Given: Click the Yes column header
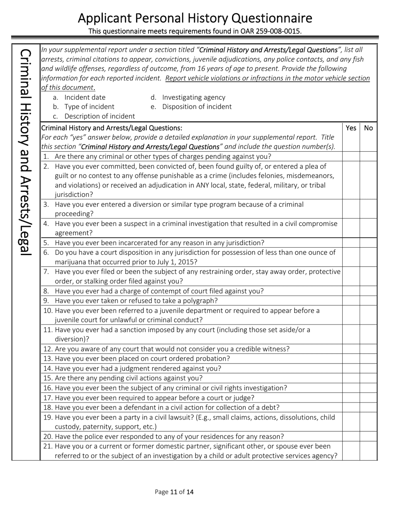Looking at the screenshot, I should (351, 128).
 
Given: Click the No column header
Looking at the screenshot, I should (368, 128).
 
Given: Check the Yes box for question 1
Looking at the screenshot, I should (351, 157).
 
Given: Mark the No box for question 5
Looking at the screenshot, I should (368, 243).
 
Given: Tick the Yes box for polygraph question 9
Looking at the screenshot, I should (351, 301).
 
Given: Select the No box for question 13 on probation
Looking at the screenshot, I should (368, 359).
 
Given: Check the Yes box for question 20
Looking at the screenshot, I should (351, 437).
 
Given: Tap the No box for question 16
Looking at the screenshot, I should (368, 388).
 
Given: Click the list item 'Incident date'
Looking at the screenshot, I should (85, 97).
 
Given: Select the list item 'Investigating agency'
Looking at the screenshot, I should (193, 97).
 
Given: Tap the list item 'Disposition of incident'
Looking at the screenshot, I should (197, 107).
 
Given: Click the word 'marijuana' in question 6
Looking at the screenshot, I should (70, 262).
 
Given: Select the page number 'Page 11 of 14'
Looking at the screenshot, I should (174, 492).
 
